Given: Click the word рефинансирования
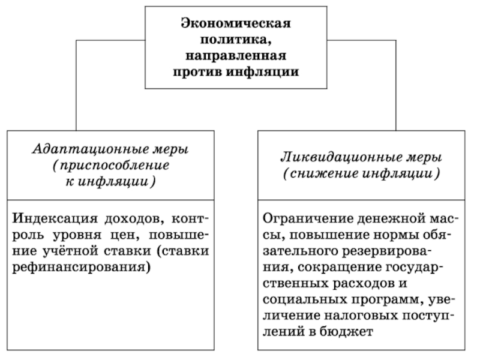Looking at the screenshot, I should (80, 266).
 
